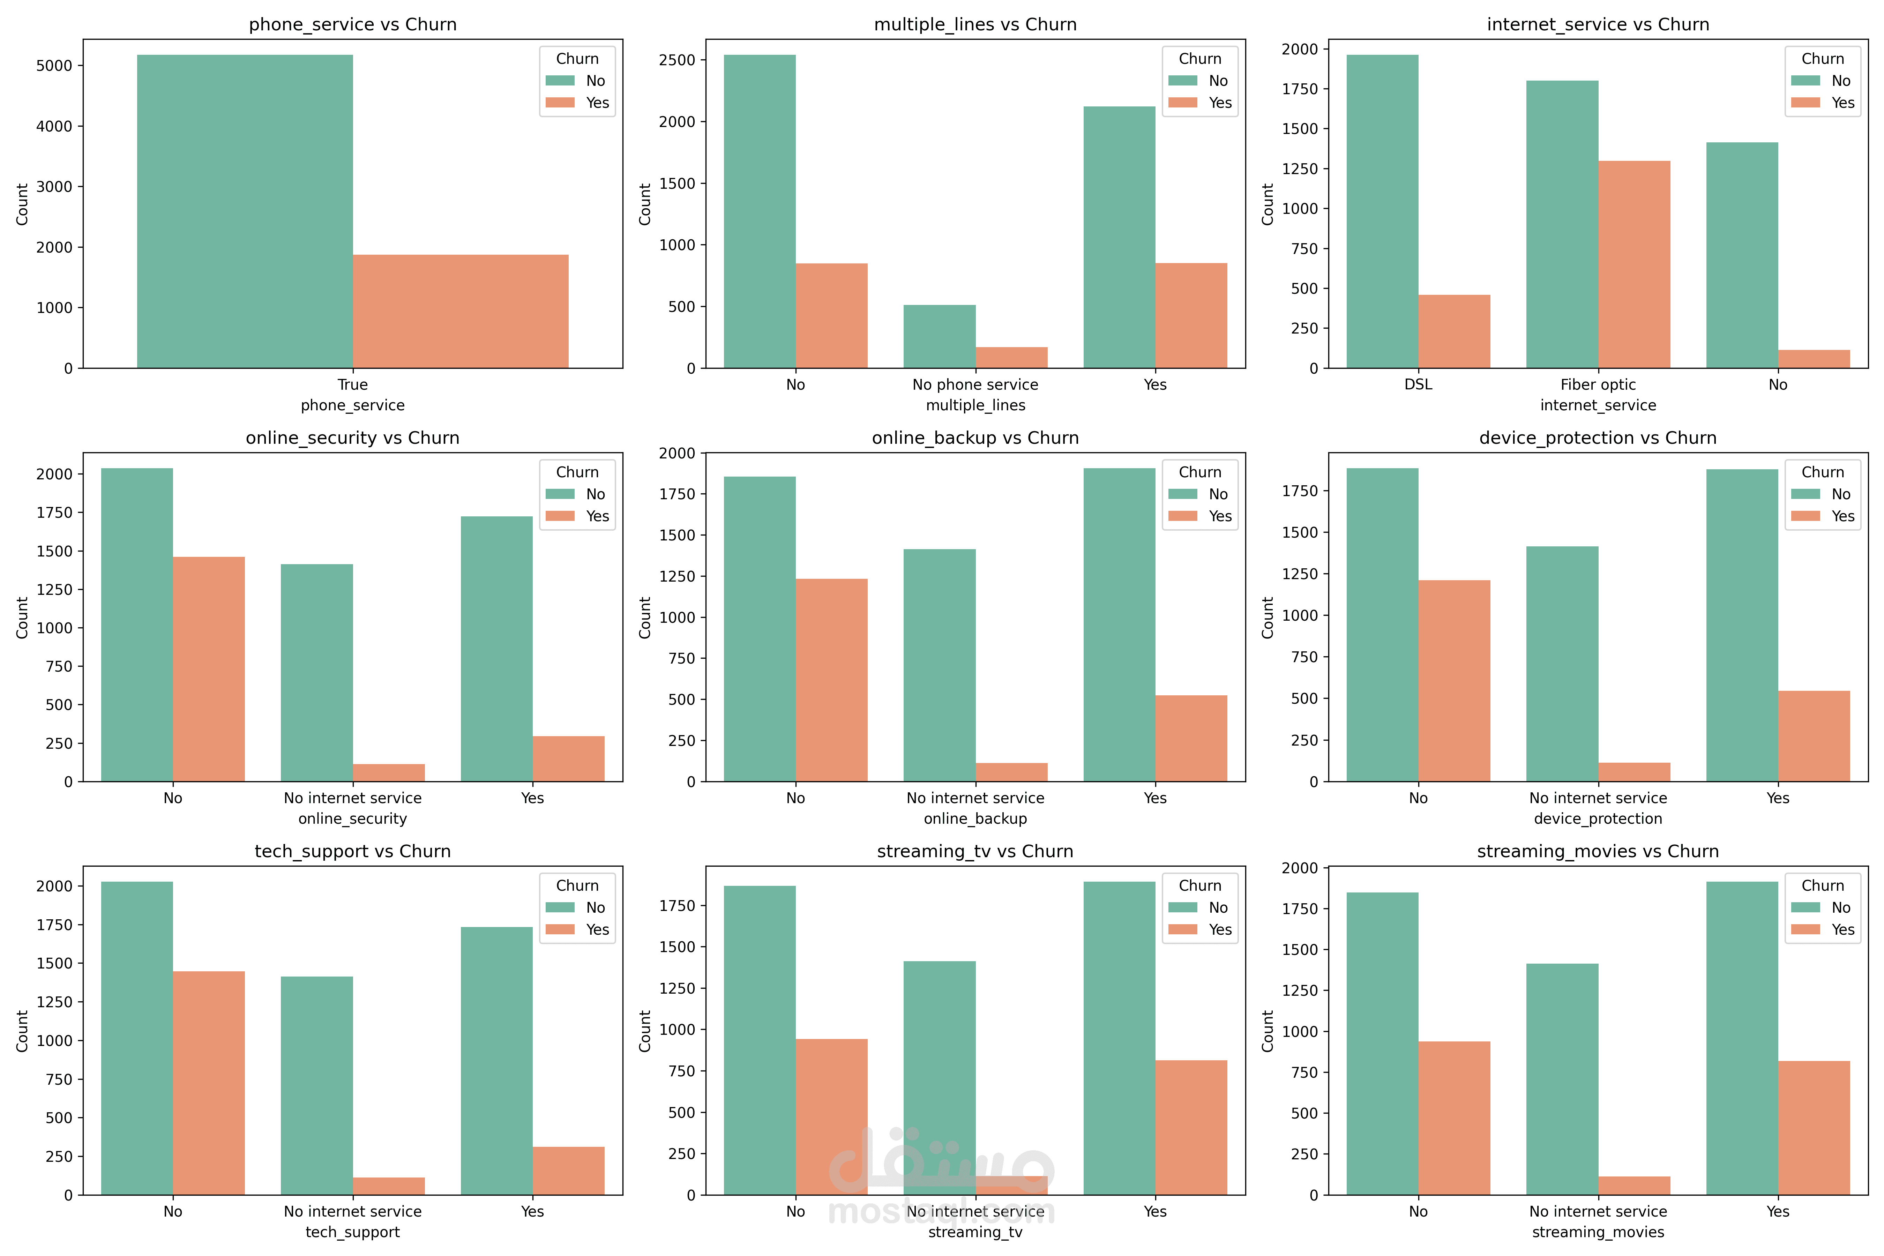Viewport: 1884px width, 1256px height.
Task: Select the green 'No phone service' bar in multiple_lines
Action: coord(940,336)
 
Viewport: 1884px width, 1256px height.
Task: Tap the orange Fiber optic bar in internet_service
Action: coord(1634,264)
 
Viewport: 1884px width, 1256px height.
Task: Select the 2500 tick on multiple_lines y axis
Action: coord(677,60)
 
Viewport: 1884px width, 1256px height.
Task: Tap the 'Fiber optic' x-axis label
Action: coord(1598,384)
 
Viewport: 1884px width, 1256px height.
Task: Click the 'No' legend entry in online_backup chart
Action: coord(1218,494)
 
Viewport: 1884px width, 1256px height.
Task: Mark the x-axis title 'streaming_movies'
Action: coord(1598,1232)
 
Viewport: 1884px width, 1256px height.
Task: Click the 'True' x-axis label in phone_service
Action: coord(352,384)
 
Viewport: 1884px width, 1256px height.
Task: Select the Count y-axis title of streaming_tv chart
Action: coord(645,1031)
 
